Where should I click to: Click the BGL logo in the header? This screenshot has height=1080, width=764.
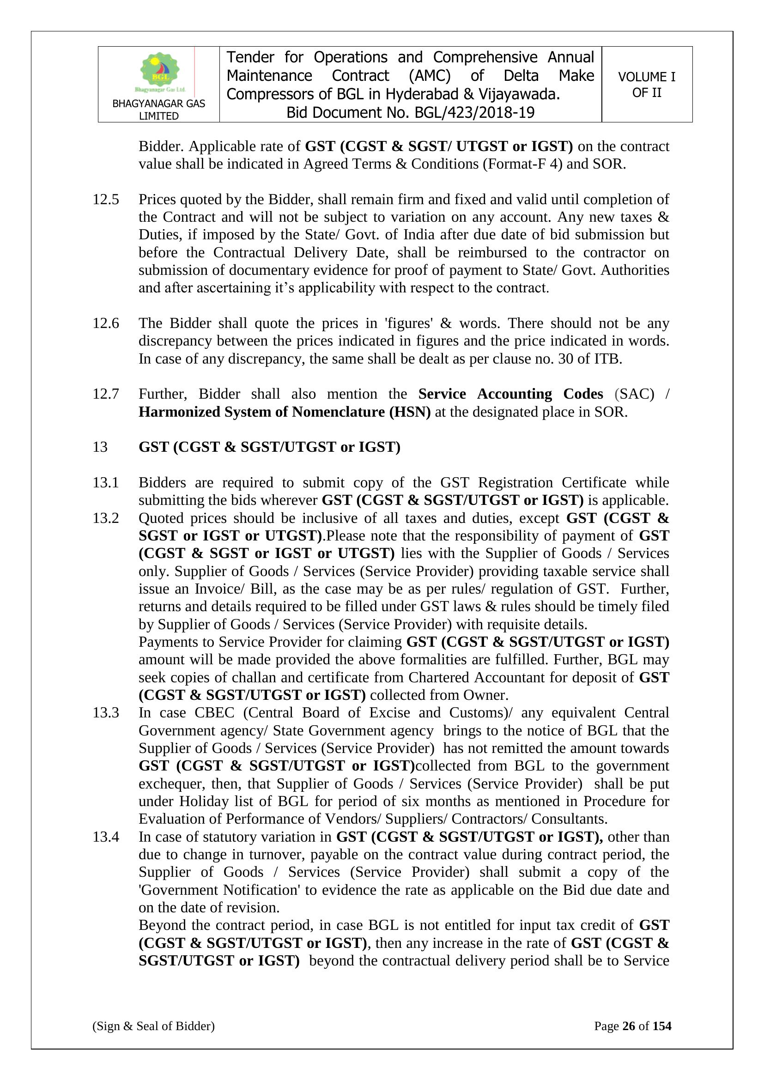click(x=160, y=72)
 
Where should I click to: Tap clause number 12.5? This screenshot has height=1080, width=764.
click(x=106, y=200)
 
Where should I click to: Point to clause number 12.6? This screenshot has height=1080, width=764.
click(x=106, y=323)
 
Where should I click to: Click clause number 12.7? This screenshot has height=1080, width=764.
click(x=106, y=394)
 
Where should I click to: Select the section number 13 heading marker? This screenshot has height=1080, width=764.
click(x=100, y=447)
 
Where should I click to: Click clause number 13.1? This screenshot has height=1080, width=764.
click(x=106, y=483)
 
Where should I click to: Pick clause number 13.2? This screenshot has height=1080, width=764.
click(x=106, y=518)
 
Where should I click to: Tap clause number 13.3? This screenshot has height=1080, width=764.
click(x=106, y=713)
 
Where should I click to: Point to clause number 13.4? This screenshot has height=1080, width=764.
click(x=106, y=837)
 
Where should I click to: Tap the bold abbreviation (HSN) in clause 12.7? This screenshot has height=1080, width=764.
click(x=409, y=412)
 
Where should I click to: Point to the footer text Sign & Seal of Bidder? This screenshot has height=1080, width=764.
click(x=153, y=1039)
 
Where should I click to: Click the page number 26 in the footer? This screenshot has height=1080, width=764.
click(x=629, y=1039)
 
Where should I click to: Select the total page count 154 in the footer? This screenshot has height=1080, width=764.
click(x=661, y=1039)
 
